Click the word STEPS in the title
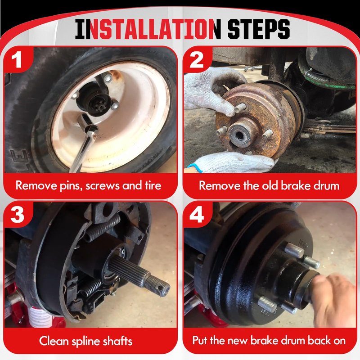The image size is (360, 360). pos(258,29)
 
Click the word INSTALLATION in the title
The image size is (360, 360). pos(148,29)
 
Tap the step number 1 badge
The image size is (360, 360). pos(17,59)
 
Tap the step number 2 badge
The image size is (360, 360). pos(197,59)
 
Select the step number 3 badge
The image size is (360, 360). pos(17,215)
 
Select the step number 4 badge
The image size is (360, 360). pos(197,215)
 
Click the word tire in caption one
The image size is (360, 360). pos(153,185)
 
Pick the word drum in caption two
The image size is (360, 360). pos(327,185)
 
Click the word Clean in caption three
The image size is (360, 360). pos(54,341)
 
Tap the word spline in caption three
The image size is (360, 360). pos(86,342)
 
